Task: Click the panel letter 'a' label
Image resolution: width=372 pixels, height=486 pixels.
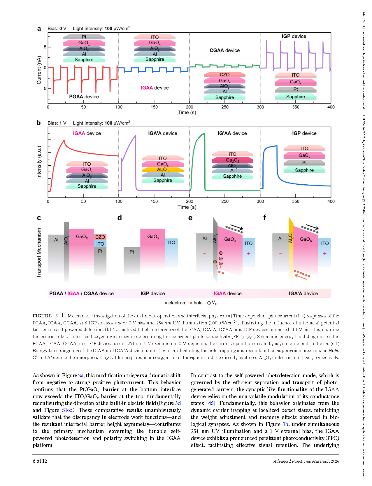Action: [x=39, y=29]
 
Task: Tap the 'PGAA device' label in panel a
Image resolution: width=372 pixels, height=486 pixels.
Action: [x=84, y=97]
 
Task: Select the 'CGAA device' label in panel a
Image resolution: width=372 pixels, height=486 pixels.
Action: [x=224, y=50]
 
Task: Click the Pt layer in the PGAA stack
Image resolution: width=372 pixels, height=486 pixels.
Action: [x=84, y=37]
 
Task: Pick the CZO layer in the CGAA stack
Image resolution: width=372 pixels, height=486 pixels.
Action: [x=224, y=74]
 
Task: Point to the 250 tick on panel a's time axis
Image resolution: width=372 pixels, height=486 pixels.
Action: [x=225, y=107]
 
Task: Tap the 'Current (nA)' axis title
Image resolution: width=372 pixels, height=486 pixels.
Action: [x=39, y=70]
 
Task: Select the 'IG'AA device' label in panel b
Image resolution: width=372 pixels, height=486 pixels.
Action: [x=232, y=133]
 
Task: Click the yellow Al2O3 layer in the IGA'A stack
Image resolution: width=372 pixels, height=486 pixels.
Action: [x=163, y=169]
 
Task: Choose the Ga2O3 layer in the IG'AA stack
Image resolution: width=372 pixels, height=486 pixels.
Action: [x=232, y=160]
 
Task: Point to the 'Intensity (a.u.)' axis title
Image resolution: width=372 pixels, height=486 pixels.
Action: [x=39, y=162]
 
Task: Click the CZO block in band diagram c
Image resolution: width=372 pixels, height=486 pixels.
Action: [x=100, y=237]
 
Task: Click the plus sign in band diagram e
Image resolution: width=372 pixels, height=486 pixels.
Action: [x=249, y=254]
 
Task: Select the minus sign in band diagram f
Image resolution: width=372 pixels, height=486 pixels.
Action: [x=280, y=254]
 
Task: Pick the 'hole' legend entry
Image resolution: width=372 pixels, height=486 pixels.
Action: [x=196, y=303]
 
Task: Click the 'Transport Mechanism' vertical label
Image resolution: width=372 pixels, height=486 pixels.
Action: [x=39, y=253]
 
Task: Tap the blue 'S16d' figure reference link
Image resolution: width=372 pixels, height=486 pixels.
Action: [x=67, y=410]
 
